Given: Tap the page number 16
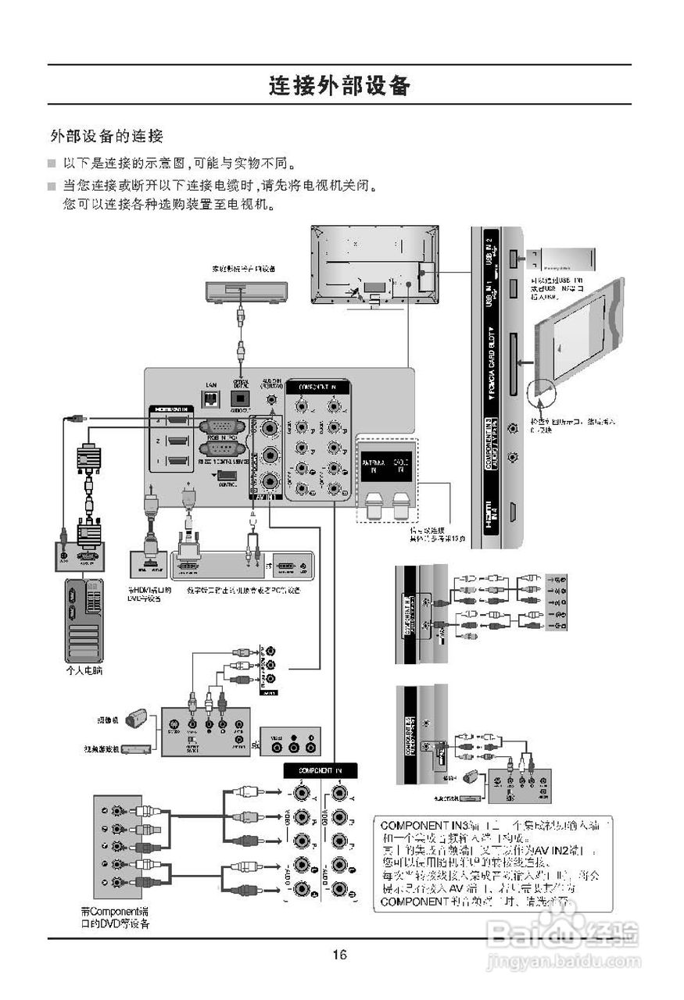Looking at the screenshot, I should pyautogui.click(x=339, y=954).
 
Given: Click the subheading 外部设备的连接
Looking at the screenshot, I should pyautogui.click(x=106, y=136).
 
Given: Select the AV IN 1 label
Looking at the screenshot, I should pyautogui.click(x=263, y=495).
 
